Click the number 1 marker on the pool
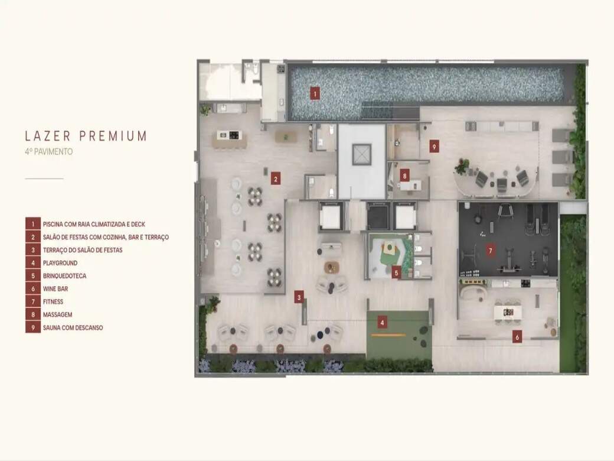tap(315, 93)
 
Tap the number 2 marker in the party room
tap(276, 179)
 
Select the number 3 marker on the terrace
tap(299, 297)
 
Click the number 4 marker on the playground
tap(382, 323)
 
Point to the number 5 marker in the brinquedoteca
tap(396, 273)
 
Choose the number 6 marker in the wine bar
tap(517, 337)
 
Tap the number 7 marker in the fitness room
tap(490, 250)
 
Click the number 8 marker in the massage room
tap(405, 176)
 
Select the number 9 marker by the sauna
tap(433, 147)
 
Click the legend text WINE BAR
tap(55, 289)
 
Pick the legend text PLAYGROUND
tap(60, 263)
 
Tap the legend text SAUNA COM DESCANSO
tap(73, 327)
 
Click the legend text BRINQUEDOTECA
tap(64, 276)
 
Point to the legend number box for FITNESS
tap(33, 302)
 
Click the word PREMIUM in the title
tap(113, 136)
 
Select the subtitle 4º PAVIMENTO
tap(48, 152)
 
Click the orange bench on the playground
tap(388, 335)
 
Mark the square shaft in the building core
tap(361, 154)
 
